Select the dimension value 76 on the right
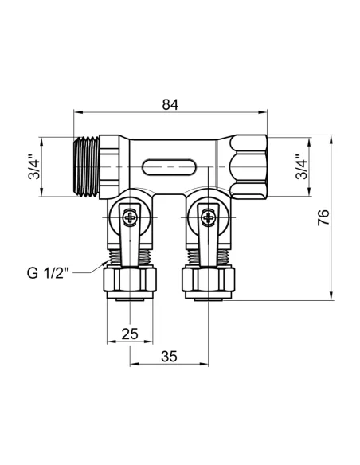coord(324,218)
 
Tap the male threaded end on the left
coord(88,166)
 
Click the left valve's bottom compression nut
coord(131,279)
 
